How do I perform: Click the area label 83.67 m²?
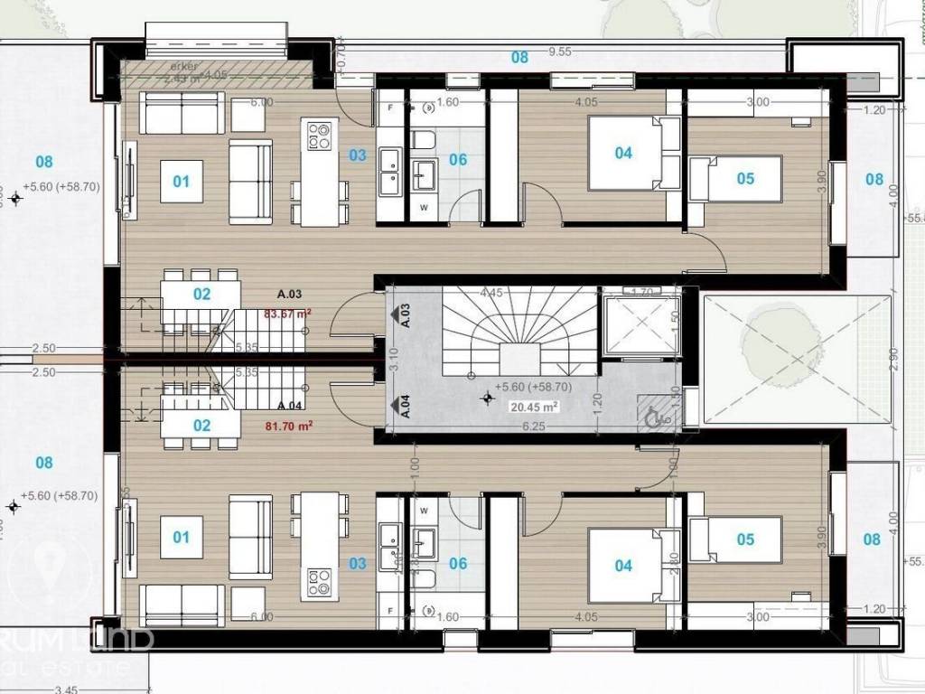tap(287, 314)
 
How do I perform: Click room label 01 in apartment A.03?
tap(182, 182)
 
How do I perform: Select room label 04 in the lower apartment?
tap(623, 566)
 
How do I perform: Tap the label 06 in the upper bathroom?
tap(458, 160)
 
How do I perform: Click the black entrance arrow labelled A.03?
tap(395, 314)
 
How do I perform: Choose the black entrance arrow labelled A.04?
tap(395, 406)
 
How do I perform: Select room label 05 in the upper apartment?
tap(745, 179)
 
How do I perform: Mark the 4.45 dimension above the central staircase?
tap(491, 293)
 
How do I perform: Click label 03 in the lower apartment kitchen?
tap(358, 564)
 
